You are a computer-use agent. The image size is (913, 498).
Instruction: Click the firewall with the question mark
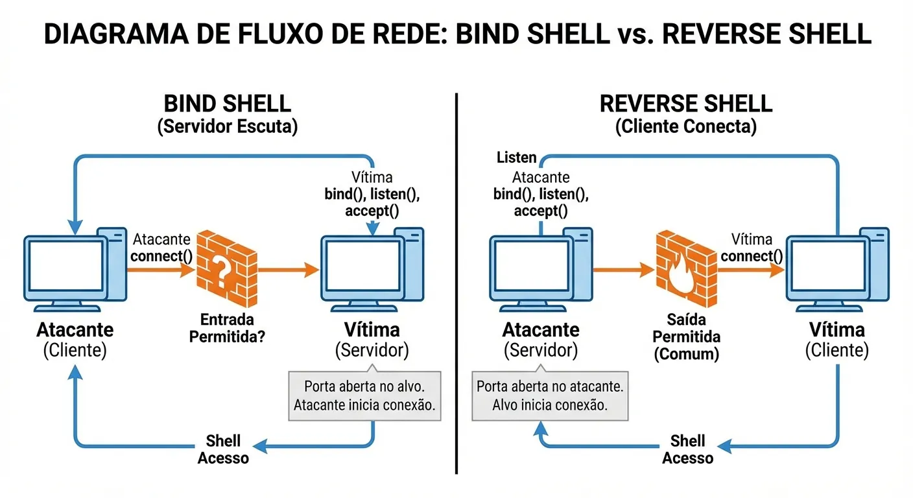tap(225, 270)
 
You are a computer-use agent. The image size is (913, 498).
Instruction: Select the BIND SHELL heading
tap(227, 104)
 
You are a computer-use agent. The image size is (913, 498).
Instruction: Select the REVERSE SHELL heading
tap(685, 104)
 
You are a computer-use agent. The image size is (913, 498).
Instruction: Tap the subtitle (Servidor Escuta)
tap(227, 126)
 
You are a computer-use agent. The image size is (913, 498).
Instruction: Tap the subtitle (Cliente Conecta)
tap(685, 126)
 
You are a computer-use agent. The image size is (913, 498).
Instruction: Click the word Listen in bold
tap(516, 158)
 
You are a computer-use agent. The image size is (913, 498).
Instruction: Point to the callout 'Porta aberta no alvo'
tap(364, 396)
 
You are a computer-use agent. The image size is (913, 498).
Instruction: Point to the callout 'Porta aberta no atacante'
tap(550, 396)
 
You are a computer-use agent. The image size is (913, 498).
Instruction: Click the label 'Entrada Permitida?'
tap(227, 329)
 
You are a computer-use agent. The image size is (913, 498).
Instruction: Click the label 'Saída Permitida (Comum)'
tap(686, 337)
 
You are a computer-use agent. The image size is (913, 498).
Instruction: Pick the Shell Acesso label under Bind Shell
tap(223, 449)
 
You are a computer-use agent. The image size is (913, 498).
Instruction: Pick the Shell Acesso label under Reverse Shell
tap(687, 449)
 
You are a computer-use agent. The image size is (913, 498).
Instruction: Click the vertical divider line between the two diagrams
tap(456, 285)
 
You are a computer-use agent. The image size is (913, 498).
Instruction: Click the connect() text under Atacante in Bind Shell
tap(161, 256)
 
